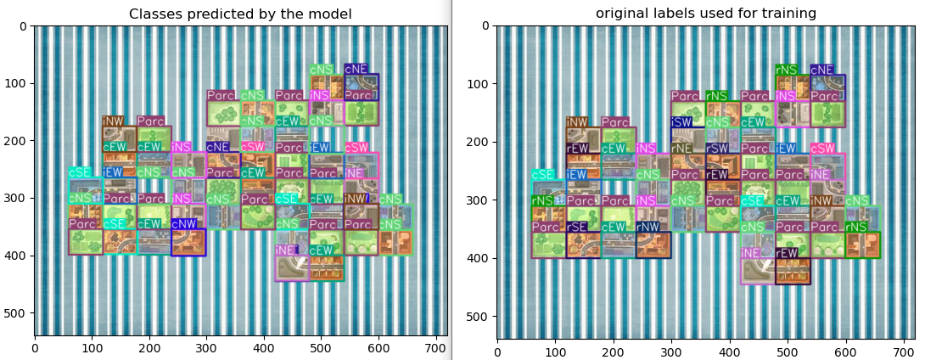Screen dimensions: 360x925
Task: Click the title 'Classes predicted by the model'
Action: click(240, 14)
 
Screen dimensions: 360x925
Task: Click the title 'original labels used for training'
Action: click(706, 14)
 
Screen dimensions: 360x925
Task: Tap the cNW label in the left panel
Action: click(183, 224)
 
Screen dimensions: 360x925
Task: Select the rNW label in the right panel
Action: click(647, 227)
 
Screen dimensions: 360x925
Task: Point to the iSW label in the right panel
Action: click(681, 122)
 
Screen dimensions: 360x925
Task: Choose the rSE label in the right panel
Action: click(577, 227)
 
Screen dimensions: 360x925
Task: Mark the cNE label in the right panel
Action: click(821, 70)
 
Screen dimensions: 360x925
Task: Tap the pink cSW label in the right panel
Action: click(822, 149)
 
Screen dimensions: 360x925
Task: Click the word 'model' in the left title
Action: click(333, 14)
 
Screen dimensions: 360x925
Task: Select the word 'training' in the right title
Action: click(792, 14)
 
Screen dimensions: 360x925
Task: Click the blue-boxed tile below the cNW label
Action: click(188, 242)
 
